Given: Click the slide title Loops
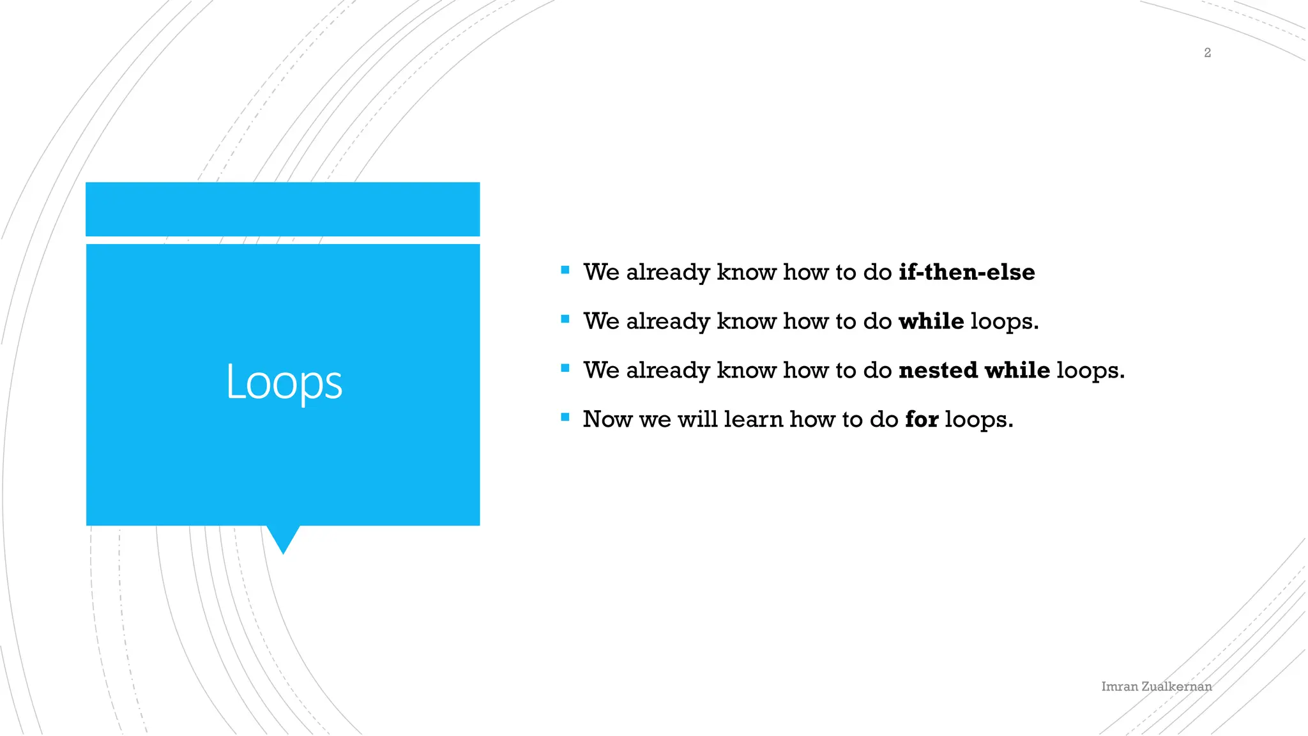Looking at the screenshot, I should click(x=284, y=382).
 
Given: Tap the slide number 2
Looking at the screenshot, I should click(x=1207, y=53).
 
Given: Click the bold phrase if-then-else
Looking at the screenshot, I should click(x=966, y=272).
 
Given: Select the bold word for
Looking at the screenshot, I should click(x=921, y=420).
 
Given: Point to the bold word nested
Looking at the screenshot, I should click(x=938, y=371).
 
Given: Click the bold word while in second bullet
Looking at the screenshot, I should click(x=931, y=321).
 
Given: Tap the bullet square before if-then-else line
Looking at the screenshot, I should click(x=565, y=270).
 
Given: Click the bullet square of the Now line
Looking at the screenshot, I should click(x=565, y=418).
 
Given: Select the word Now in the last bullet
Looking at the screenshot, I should click(x=607, y=420).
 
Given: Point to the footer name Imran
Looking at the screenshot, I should click(x=1119, y=687).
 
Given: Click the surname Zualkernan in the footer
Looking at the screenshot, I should click(x=1176, y=687).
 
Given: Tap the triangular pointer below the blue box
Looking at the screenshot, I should click(x=283, y=538).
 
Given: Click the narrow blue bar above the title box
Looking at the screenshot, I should click(x=282, y=209).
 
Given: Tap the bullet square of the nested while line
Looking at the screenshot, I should click(x=565, y=369).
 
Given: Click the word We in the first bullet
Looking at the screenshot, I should click(x=601, y=272).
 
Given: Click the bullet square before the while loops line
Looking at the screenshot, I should click(x=565, y=319).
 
